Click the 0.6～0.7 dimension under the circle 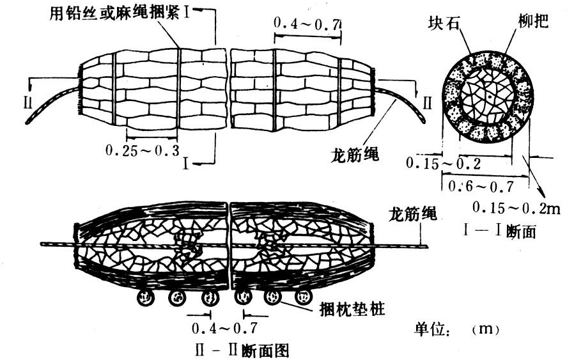tap(481, 187)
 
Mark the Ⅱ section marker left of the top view tap(27, 102)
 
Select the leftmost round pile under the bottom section tap(144, 297)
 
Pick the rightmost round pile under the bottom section tap(300, 297)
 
